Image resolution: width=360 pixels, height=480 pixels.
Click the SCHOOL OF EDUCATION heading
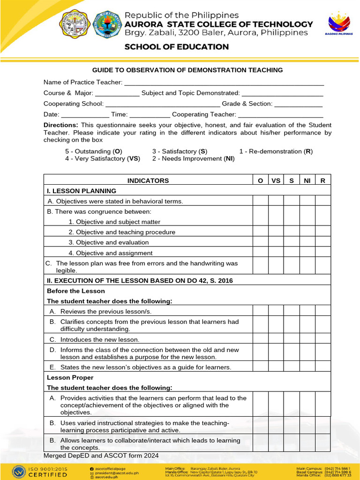[x=176, y=47]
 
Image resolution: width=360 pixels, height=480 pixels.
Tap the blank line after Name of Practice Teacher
[x=224, y=82]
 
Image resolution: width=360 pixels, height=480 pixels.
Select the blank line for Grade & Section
[x=298, y=104]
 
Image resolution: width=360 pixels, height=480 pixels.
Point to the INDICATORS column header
[x=148, y=180]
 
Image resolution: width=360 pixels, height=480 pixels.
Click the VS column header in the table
[x=276, y=180]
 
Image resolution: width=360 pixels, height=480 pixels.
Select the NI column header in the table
[x=307, y=180]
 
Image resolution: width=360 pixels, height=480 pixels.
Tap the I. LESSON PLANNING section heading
[x=82, y=191]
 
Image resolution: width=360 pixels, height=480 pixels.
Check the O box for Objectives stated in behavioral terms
[x=260, y=201]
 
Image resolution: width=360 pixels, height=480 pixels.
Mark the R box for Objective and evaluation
[x=322, y=242]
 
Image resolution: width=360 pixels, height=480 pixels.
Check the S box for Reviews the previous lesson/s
[x=291, y=311]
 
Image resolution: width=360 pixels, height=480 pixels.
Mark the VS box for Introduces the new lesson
[x=276, y=339]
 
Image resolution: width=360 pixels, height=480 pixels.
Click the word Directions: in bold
[x=61, y=125]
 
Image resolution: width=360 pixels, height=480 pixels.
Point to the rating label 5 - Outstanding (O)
[x=94, y=151]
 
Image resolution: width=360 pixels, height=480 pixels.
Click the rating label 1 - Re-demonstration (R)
[x=276, y=151]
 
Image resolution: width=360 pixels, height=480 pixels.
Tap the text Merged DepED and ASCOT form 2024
[x=101, y=456]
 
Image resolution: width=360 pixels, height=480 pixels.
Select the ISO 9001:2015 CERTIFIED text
[x=48, y=472]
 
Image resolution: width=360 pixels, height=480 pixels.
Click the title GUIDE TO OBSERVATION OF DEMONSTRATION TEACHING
[x=187, y=70]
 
